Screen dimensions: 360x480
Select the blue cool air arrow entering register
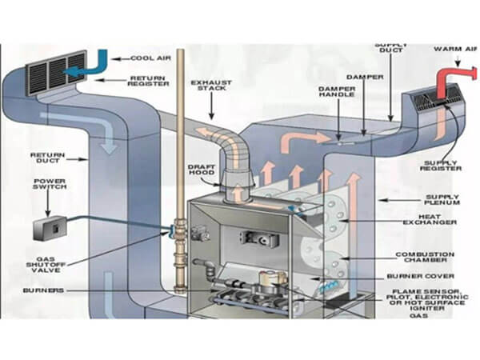pyautogui.click(x=94, y=66)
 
